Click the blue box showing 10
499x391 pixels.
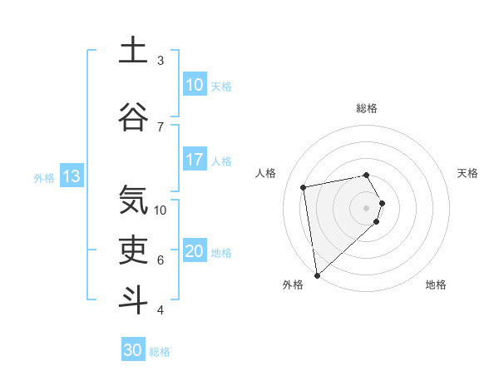pos(194,85)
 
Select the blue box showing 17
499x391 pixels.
pos(194,160)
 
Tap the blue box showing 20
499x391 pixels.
pos(194,252)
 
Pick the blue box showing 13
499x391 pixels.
pos(72,176)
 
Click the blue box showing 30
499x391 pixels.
pos(133,350)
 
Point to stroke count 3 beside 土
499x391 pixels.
pos(161,61)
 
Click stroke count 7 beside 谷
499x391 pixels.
pos(161,126)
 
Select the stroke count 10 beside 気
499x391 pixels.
pos(161,210)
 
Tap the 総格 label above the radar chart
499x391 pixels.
pos(367,108)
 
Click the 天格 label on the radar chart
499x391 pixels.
pos(468,173)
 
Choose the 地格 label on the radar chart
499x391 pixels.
pos(436,285)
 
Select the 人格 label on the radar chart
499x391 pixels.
pos(266,173)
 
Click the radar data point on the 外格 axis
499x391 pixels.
pos(317,275)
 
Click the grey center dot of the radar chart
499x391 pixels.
pos(367,208)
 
